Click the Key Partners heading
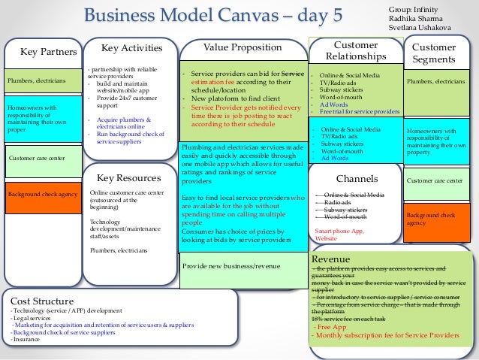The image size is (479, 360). [x=48, y=52]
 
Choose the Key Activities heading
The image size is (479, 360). [x=131, y=48]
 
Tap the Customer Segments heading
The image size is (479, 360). [x=434, y=53]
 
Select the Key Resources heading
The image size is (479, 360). [x=129, y=178]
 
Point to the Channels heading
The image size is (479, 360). [x=357, y=180]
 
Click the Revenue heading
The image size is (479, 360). [x=331, y=259]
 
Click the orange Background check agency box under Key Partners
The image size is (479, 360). [x=43, y=195]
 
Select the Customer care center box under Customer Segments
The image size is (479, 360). [x=435, y=180]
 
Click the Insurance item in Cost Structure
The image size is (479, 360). [x=26, y=339]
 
